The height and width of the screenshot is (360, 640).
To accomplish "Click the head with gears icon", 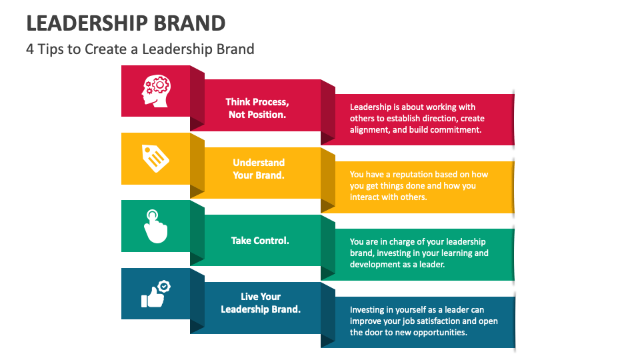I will pos(155,91).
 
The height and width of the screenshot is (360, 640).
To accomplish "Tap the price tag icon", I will pos(155,158).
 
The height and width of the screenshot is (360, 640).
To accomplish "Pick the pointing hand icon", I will pos(155,226).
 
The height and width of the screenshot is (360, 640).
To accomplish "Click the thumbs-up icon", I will pos(155,294).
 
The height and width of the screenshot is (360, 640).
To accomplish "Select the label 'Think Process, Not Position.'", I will pos(257,108).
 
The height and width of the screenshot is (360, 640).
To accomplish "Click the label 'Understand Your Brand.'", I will pos(259,169).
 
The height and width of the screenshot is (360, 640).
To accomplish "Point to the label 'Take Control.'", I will pos(260,240).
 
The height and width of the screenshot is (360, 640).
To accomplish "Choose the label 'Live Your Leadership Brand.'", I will pos(261,303).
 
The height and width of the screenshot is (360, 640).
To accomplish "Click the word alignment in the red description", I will pos(369,130).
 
